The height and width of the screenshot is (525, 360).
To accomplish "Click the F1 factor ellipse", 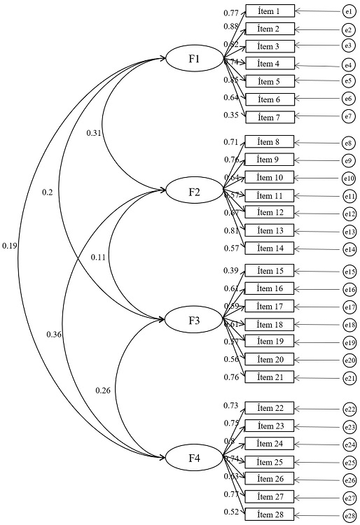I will (194, 59).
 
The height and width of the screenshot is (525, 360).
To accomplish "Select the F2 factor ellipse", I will (194, 190).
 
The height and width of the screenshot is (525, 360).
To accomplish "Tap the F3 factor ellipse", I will (194, 321).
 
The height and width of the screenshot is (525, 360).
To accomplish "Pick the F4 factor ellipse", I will (194, 458).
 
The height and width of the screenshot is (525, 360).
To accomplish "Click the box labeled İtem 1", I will (270, 11).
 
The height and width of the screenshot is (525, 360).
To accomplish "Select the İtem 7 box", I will (270, 116).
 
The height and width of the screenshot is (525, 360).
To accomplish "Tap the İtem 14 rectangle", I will (270, 248).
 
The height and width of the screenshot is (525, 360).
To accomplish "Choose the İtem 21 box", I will (270, 377).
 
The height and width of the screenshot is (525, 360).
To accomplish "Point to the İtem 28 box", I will (270, 514).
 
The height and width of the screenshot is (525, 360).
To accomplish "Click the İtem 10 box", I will (270, 177).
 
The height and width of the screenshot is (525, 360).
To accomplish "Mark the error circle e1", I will (348, 11).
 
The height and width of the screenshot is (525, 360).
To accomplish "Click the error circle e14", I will (348, 248).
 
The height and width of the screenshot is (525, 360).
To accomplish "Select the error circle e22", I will (348, 409).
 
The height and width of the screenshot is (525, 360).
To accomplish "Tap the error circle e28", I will (348, 514).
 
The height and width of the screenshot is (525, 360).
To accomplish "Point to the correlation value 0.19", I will (10, 246).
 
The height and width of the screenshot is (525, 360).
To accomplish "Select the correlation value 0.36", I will (53, 334).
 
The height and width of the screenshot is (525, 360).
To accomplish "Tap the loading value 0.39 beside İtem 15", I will (231, 271).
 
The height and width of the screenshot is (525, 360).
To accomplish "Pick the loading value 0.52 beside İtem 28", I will (231, 512).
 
